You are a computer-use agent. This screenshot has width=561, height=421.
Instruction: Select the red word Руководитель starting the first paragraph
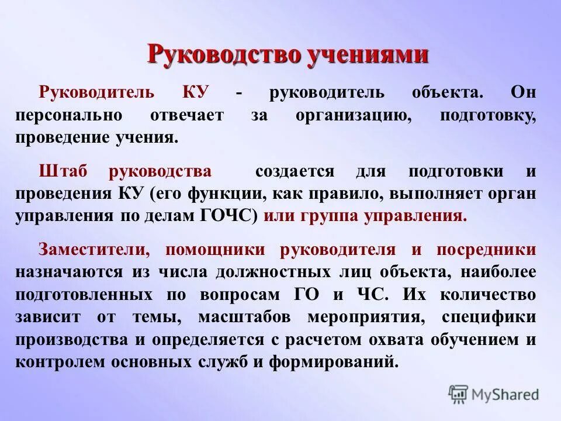pos(96,93)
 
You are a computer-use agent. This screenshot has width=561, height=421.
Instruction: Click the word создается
pos(303,171)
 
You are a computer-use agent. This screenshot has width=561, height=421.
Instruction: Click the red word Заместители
pos(95,250)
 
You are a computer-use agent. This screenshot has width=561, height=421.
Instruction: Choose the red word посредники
pos(486,250)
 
